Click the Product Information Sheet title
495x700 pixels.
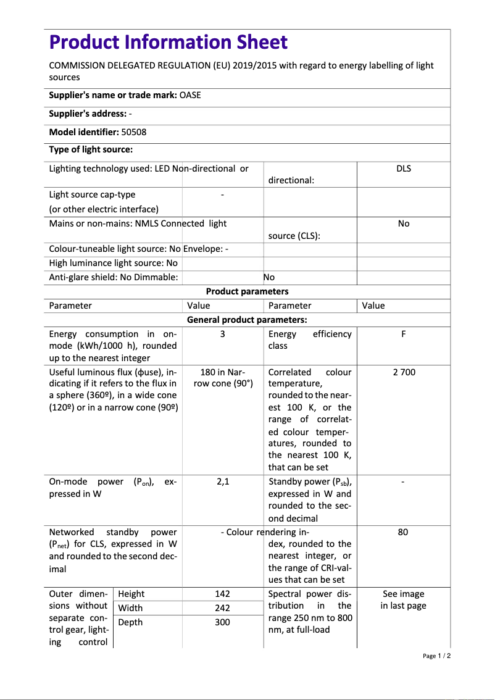[168, 43]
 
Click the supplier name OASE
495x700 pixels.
[190, 96]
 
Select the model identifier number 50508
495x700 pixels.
[134, 132]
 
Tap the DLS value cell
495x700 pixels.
[403, 169]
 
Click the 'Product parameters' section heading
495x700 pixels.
[247, 291]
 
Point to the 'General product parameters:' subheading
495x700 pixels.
[247, 320]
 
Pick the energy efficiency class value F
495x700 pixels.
[403, 334]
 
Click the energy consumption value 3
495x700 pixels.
[222, 334]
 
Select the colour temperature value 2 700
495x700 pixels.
[403, 372]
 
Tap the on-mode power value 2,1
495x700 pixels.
[222, 481]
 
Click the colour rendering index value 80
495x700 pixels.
[403, 532]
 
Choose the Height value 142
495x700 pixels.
[222, 594]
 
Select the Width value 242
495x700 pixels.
[222, 608]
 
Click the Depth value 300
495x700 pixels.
[222, 622]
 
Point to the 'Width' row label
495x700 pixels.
[130, 608]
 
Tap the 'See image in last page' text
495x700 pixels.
[403, 600]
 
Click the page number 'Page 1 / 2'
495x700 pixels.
[436, 656]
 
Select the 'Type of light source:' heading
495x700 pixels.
[91, 150]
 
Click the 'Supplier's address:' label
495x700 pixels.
[88, 114]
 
